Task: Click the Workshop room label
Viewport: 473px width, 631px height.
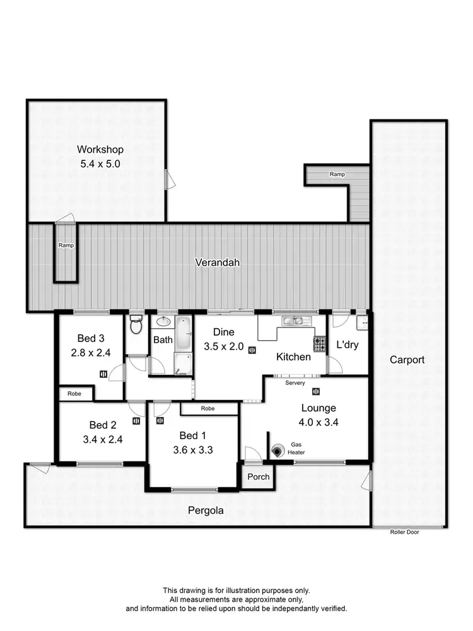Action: click(x=100, y=150)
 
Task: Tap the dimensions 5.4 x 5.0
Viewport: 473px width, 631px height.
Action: click(x=100, y=163)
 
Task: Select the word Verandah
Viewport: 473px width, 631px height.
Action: click(x=217, y=262)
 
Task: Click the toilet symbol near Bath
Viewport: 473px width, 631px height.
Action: click(x=135, y=326)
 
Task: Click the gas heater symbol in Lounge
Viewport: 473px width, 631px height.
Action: click(x=278, y=451)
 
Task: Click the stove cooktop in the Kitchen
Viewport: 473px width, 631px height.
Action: click(x=320, y=344)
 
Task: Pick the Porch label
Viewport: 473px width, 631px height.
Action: click(x=258, y=476)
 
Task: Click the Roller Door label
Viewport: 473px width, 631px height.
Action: click(x=404, y=532)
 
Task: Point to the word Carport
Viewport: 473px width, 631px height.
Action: click(x=407, y=360)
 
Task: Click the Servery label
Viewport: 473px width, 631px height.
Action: click(x=295, y=383)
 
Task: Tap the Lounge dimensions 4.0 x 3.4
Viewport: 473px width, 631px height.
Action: click(x=318, y=423)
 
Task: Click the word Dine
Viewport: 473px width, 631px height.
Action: click(x=223, y=331)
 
